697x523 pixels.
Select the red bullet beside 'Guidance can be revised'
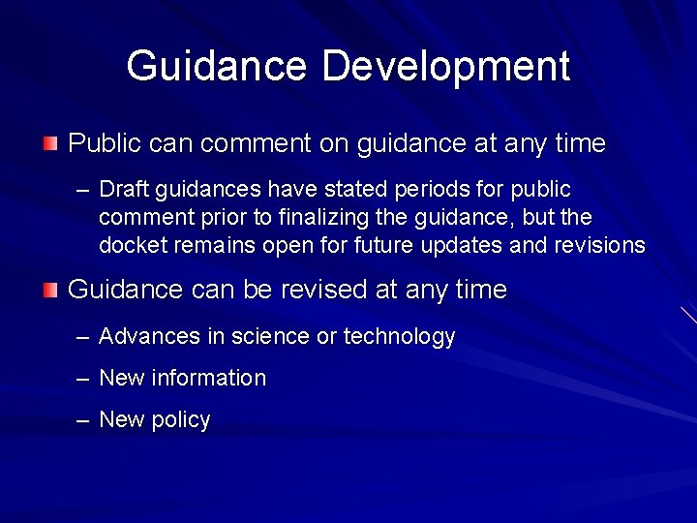[50, 289]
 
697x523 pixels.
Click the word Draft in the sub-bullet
[120, 189]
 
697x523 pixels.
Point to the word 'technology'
[399, 337]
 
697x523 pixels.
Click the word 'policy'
[181, 420]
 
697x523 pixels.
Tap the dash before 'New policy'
[83, 420]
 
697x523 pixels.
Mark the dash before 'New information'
[83, 379]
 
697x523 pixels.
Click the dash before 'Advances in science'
[83, 337]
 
